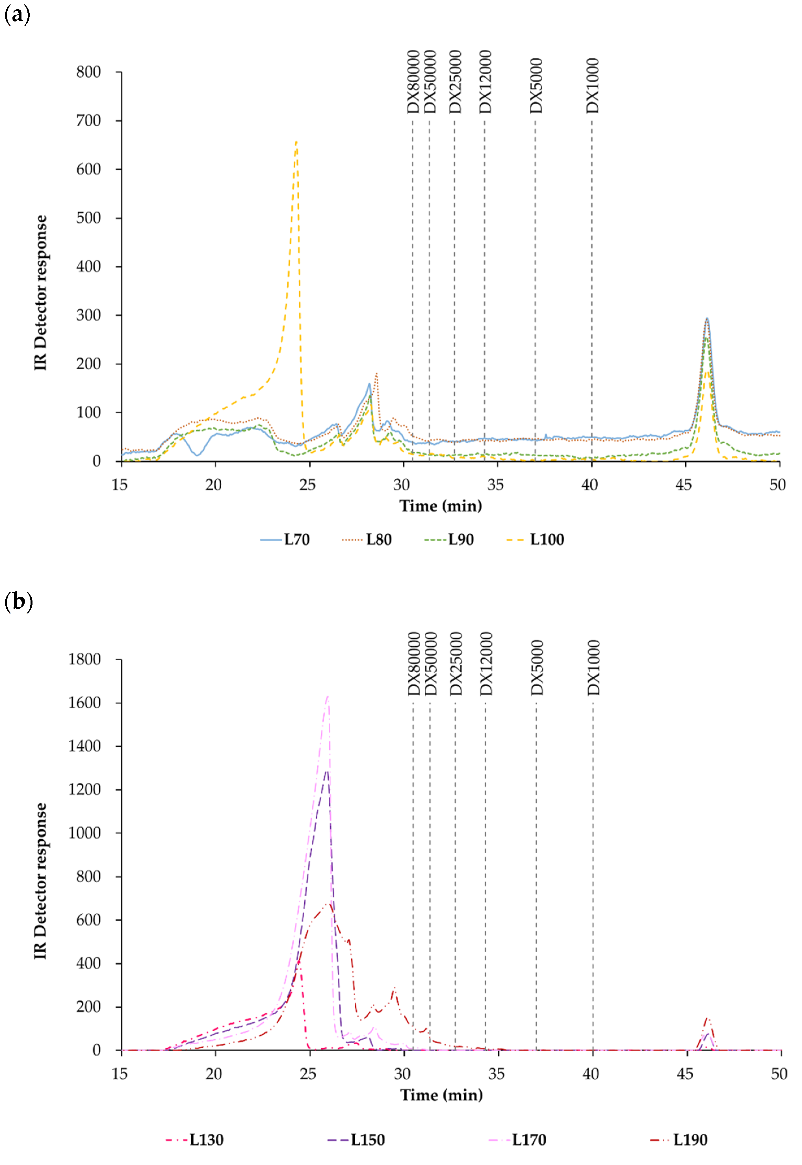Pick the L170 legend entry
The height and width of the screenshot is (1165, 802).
click(x=518, y=1139)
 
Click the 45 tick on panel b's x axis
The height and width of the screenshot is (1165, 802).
click(x=685, y=1074)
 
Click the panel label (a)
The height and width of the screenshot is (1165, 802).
click(x=17, y=15)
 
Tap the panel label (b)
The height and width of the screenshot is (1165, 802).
click(x=18, y=601)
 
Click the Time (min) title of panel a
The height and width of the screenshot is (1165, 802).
click(x=441, y=506)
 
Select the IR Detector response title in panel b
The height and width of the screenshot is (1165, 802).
click(x=41, y=881)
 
